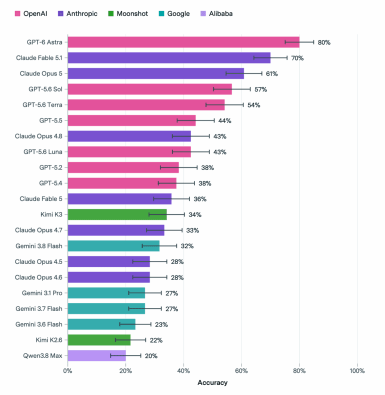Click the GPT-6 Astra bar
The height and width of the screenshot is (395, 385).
coord(183,42)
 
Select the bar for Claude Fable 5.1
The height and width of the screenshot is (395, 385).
coord(169,57)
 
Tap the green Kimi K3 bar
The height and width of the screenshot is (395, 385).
coord(117,214)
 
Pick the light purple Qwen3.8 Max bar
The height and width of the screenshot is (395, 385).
coord(97,355)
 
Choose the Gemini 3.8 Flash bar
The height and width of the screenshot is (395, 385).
coord(113,246)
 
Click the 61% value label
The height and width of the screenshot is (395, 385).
coord(272,74)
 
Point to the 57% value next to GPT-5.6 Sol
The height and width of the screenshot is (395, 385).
coord(261,89)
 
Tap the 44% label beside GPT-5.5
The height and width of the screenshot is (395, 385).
coord(225,120)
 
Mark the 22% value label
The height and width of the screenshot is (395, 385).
coord(156,340)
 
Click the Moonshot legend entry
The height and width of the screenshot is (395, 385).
coord(128,13)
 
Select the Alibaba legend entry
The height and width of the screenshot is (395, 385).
coord(216,13)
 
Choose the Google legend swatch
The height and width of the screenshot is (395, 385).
coord(161,13)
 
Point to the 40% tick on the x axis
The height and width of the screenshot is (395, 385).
coord(183,371)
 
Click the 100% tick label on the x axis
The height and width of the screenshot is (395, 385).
coord(357,371)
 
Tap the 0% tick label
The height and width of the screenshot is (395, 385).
coord(68,371)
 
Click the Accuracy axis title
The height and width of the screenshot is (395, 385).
coord(212,382)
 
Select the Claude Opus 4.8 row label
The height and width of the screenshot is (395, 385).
coord(38,136)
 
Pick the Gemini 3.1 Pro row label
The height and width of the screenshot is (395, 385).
coord(42,293)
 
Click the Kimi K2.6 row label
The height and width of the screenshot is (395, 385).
coord(49,340)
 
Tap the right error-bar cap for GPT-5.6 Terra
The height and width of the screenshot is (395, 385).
coord(243,105)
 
